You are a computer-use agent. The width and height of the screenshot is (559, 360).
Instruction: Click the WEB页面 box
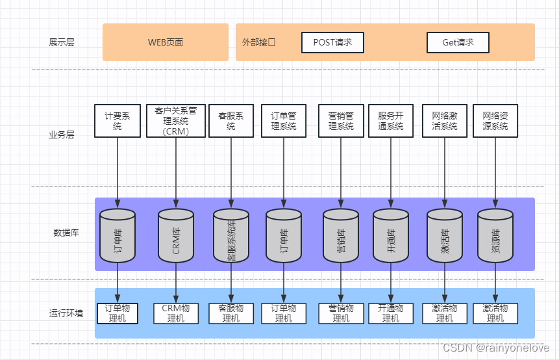click(x=166, y=42)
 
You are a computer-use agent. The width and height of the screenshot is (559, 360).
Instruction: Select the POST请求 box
click(x=332, y=42)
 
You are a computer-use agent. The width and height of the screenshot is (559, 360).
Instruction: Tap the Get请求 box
click(x=458, y=42)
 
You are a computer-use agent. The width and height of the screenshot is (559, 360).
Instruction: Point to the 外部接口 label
click(x=258, y=42)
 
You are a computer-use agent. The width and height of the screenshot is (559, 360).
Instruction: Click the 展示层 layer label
click(x=61, y=42)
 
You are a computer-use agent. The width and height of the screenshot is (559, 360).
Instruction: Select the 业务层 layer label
click(x=61, y=135)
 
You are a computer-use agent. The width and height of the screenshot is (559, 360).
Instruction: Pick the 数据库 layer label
click(x=66, y=233)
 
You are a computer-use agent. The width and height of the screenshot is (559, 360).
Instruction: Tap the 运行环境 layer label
click(x=66, y=313)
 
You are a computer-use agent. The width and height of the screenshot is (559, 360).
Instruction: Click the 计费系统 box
click(x=118, y=121)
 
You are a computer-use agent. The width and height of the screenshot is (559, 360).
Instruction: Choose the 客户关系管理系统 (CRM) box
click(x=176, y=121)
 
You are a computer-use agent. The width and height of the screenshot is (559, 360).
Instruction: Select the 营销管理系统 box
click(x=341, y=121)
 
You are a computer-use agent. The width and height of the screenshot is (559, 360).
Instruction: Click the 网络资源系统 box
click(x=495, y=121)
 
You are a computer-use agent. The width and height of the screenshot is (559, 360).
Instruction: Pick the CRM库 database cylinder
click(x=176, y=236)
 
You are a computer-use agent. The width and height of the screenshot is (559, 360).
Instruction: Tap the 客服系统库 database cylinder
click(x=231, y=236)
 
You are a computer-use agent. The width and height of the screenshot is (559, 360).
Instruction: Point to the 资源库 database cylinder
click(x=495, y=236)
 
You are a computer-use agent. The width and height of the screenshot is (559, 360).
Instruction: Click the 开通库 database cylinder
click(x=391, y=236)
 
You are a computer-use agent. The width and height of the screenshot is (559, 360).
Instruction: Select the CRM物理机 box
click(x=176, y=313)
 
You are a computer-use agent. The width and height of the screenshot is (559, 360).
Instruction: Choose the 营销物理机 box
click(x=341, y=313)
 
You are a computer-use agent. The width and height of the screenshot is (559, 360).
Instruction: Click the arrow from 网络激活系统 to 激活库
click(x=445, y=173)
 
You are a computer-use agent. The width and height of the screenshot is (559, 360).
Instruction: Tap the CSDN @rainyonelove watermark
click(x=496, y=347)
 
